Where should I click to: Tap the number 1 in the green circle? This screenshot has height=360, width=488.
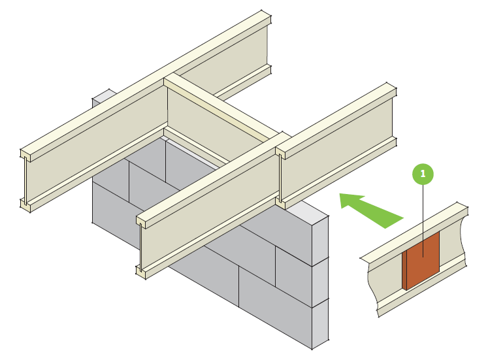click(x=423, y=174)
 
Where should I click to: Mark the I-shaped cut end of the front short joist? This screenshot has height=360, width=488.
click(x=140, y=248)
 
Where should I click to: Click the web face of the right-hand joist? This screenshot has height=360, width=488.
click(x=340, y=150)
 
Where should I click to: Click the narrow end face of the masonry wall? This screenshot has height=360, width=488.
click(x=319, y=281)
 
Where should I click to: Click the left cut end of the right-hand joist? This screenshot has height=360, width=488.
click(x=280, y=176)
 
